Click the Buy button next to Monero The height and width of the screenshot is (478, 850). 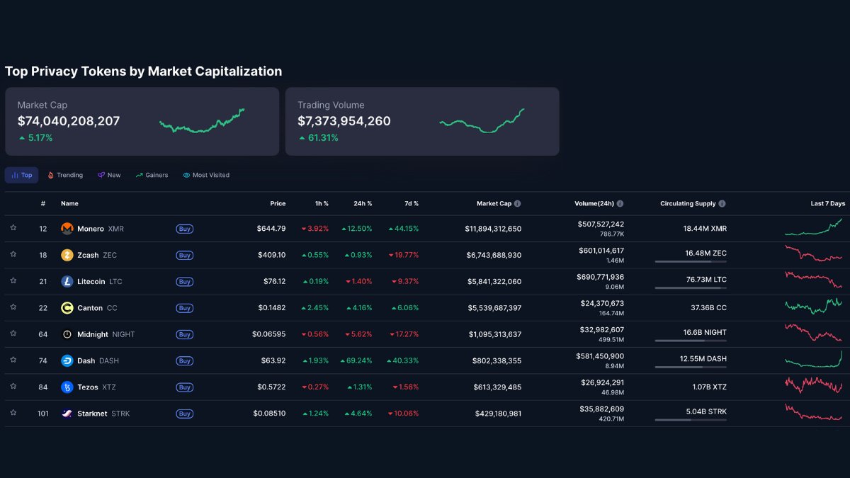(184, 229)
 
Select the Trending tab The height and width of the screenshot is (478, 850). (65, 175)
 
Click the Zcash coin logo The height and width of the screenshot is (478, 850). (67, 255)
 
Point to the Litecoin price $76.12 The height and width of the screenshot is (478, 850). (272, 281)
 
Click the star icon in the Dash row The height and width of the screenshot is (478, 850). (13, 360)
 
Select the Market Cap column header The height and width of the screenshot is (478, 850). (494, 203)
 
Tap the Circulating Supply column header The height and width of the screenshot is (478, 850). (688, 203)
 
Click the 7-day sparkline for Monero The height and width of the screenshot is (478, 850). (814, 227)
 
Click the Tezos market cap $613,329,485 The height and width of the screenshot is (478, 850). (497, 387)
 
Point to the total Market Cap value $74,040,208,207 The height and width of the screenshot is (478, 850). (69, 121)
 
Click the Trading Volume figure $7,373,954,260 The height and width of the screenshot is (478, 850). (344, 121)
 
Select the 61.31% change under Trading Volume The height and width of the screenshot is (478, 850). (322, 138)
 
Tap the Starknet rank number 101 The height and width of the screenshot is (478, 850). (43, 414)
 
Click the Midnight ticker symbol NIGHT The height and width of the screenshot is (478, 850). (123, 334)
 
